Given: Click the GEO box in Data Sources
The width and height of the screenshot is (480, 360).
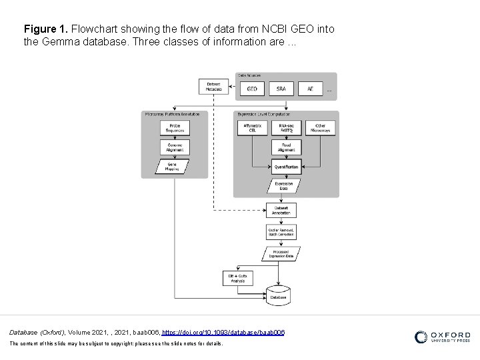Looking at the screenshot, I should (253, 89).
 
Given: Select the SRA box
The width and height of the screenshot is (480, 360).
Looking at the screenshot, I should (282, 89).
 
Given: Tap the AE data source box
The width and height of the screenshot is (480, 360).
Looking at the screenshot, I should (311, 89).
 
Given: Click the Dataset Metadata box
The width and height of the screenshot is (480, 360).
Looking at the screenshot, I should (213, 87).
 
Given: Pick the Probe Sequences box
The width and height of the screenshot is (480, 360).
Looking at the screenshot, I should (175, 127).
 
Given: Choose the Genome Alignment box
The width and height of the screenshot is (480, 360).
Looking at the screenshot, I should (175, 147).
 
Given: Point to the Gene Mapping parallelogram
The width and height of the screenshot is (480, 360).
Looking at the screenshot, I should (173, 167).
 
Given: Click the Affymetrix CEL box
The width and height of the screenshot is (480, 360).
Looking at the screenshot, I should (252, 127).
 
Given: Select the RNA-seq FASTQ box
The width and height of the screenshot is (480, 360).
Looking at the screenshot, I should (286, 127).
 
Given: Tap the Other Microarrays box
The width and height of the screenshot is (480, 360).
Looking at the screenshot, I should (320, 127).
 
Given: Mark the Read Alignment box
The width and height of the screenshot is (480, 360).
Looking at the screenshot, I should (286, 147).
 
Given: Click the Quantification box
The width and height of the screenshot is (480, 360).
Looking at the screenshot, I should (286, 166).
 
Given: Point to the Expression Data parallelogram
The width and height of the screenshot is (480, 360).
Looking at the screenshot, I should (283, 187).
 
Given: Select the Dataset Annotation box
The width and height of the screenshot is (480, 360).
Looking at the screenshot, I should (281, 209).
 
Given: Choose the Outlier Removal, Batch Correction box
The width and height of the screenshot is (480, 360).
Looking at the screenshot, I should (281, 231).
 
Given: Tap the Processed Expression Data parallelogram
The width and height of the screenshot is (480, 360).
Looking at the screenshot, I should (281, 254).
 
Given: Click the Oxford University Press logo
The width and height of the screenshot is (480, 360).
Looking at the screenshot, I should (443, 337).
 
